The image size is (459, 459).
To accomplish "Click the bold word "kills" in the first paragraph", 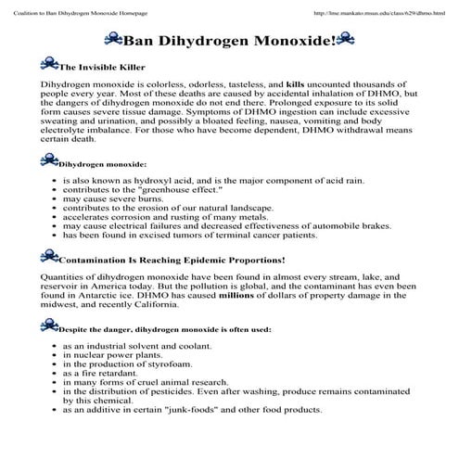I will coord(297,84).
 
